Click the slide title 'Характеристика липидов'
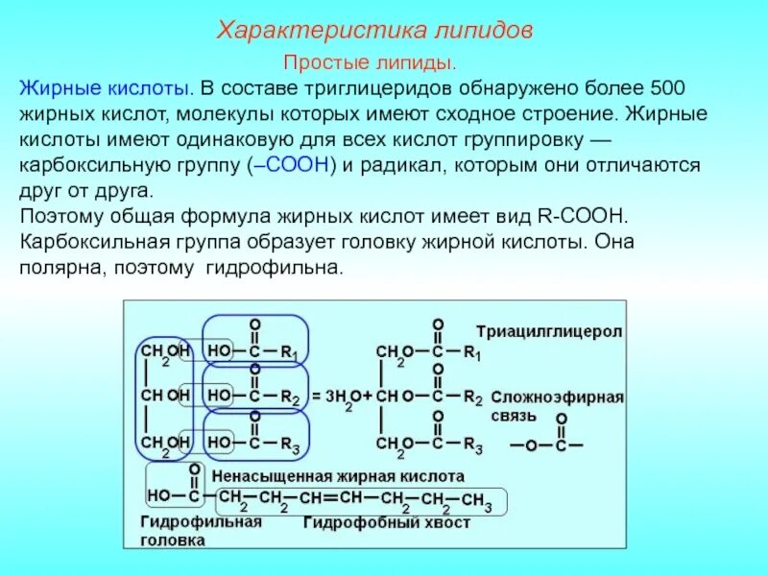(374, 30)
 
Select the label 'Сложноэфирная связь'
(558, 406)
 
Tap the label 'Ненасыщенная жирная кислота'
(338, 475)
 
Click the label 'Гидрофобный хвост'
(387, 523)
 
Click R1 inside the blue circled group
(289, 353)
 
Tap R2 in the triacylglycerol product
(471, 396)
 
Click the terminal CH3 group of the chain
(476, 499)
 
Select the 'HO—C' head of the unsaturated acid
(174, 496)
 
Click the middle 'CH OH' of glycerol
(164, 395)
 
